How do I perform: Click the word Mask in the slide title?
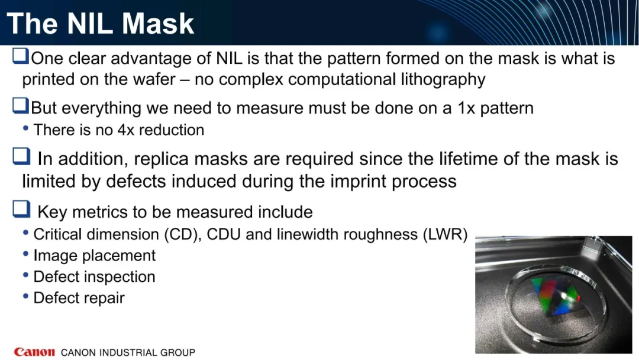point(158,23)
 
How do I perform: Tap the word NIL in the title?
point(90,23)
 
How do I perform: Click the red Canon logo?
point(34,352)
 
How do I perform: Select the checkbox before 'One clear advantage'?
point(20,56)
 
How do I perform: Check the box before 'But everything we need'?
point(20,105)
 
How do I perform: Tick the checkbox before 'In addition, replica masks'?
point(21,156)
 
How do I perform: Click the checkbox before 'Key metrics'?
point(21,209)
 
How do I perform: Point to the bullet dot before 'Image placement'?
point(25,254)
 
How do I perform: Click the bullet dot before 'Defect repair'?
point(25,297)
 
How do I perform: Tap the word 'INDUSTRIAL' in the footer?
point(128,352)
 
